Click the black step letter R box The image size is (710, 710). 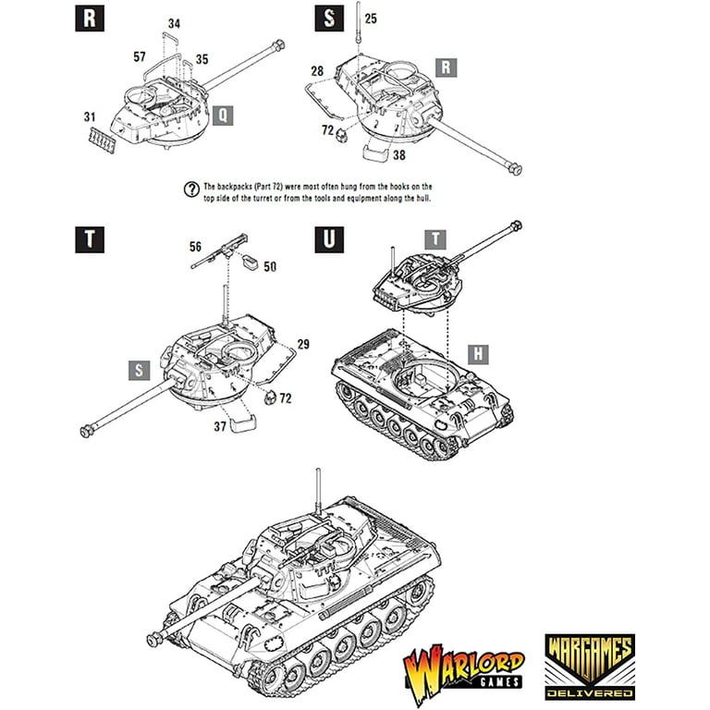pos(88,18)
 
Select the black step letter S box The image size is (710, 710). pos(329,18)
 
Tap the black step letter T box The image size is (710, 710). pos(88,238)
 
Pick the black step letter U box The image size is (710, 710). pos(329,238)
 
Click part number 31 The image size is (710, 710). pos(90,117)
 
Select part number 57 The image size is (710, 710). pos(140,56)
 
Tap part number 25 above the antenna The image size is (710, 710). pos(370,18)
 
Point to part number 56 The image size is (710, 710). pos(195,247)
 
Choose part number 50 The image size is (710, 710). pos(269,266)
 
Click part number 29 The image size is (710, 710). pos(302,344)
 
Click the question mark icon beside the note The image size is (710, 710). pos(191,190)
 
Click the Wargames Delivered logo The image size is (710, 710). pos(589,665)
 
